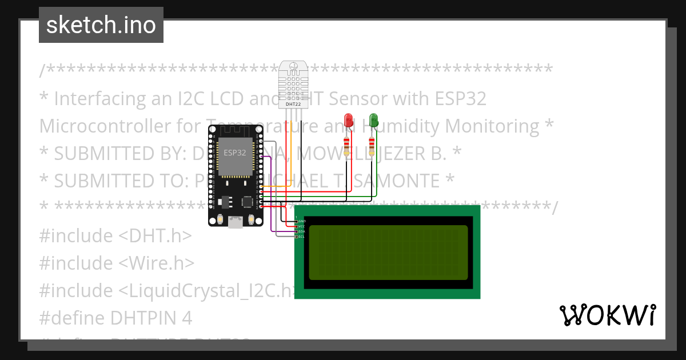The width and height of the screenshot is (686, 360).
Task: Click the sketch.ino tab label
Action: tap(101, 25)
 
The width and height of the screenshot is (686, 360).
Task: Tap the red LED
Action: tap(349, 120)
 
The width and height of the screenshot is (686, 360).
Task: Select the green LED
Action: tap(373, 120)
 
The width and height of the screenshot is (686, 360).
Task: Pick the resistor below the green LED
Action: tap(372, 143)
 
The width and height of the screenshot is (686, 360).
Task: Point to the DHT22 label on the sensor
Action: tap(293, 105)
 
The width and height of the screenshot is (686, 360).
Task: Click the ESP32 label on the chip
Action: tap(235, 153)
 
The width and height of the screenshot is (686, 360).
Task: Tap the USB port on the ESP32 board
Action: tap(235, 222)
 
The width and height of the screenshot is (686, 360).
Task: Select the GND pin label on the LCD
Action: tap(302, 221)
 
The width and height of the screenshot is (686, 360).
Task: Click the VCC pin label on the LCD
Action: tap(302, 226)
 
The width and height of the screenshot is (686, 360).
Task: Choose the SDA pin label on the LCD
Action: tap(302, 231)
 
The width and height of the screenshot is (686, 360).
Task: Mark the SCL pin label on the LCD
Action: tap(302, 237)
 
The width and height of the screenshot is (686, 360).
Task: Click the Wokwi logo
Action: tap(608, 315)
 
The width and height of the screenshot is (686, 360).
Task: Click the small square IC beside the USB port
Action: tap(248, 202)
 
